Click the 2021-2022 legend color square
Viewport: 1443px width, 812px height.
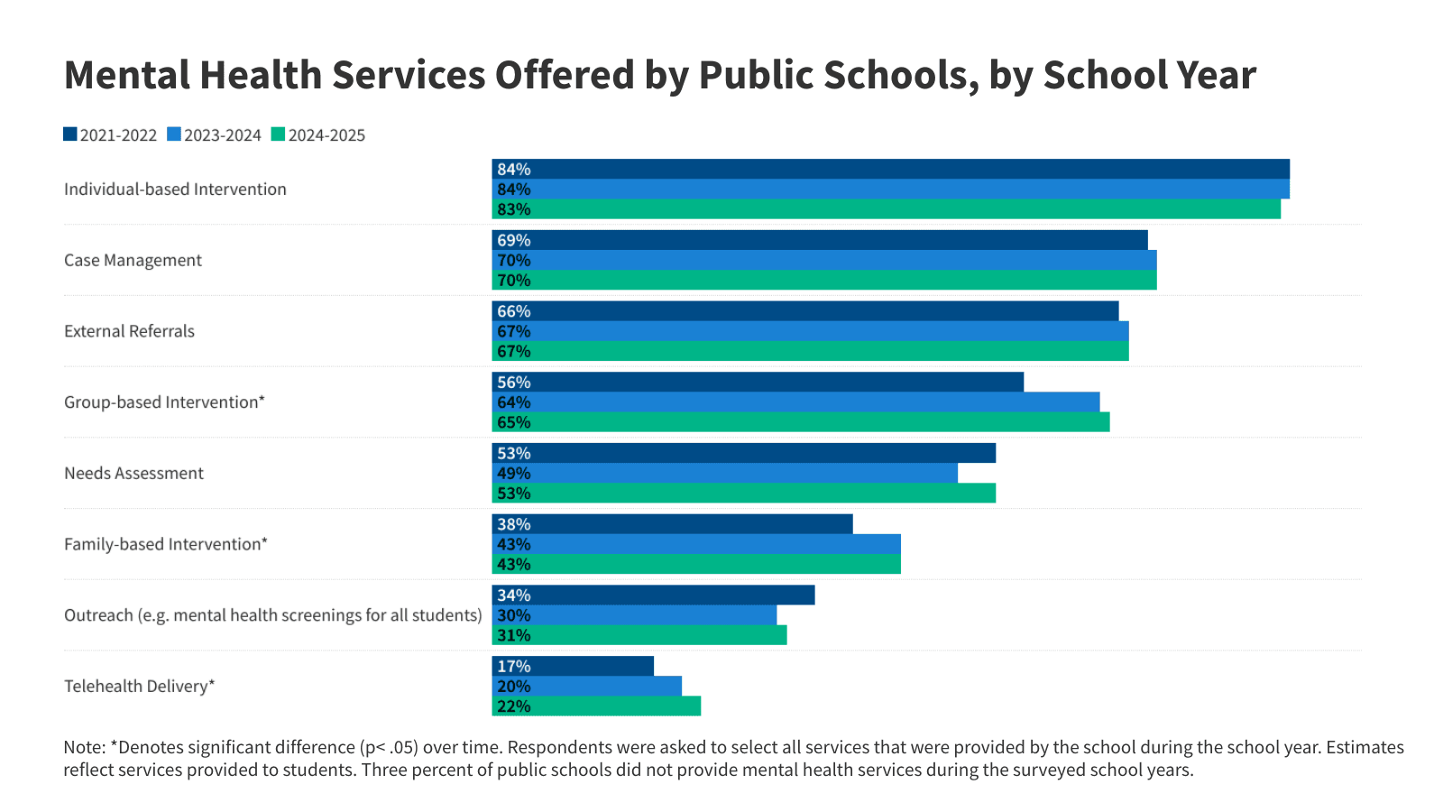coord(70,134)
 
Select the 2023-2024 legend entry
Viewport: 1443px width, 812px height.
coord(215,135)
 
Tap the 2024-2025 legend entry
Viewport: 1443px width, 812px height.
coord(318,135)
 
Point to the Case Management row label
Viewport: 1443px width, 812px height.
coord(133,260)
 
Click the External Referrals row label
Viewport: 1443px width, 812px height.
coord(129,331)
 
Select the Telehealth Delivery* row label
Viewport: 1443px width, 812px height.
coord(139,686)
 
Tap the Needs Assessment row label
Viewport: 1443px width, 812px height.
coord(133,473)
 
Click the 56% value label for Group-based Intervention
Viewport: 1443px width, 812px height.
coord(514,383)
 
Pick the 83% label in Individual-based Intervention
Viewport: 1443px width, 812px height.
coord(514,209)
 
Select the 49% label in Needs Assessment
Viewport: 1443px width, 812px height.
coord(514,474)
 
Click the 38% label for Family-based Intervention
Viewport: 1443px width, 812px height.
coord(514,524)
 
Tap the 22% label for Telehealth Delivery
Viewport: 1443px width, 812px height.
coord(514,706)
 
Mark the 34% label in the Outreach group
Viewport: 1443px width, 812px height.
coord(514,595)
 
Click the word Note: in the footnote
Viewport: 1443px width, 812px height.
coord(84,747)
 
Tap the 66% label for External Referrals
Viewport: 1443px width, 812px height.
coord(514,311)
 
